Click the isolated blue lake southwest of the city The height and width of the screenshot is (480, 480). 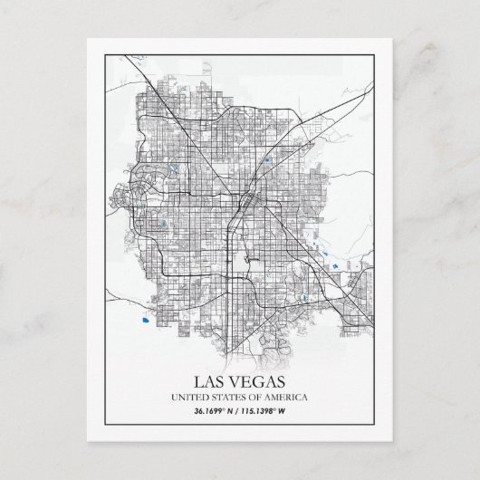143,318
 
